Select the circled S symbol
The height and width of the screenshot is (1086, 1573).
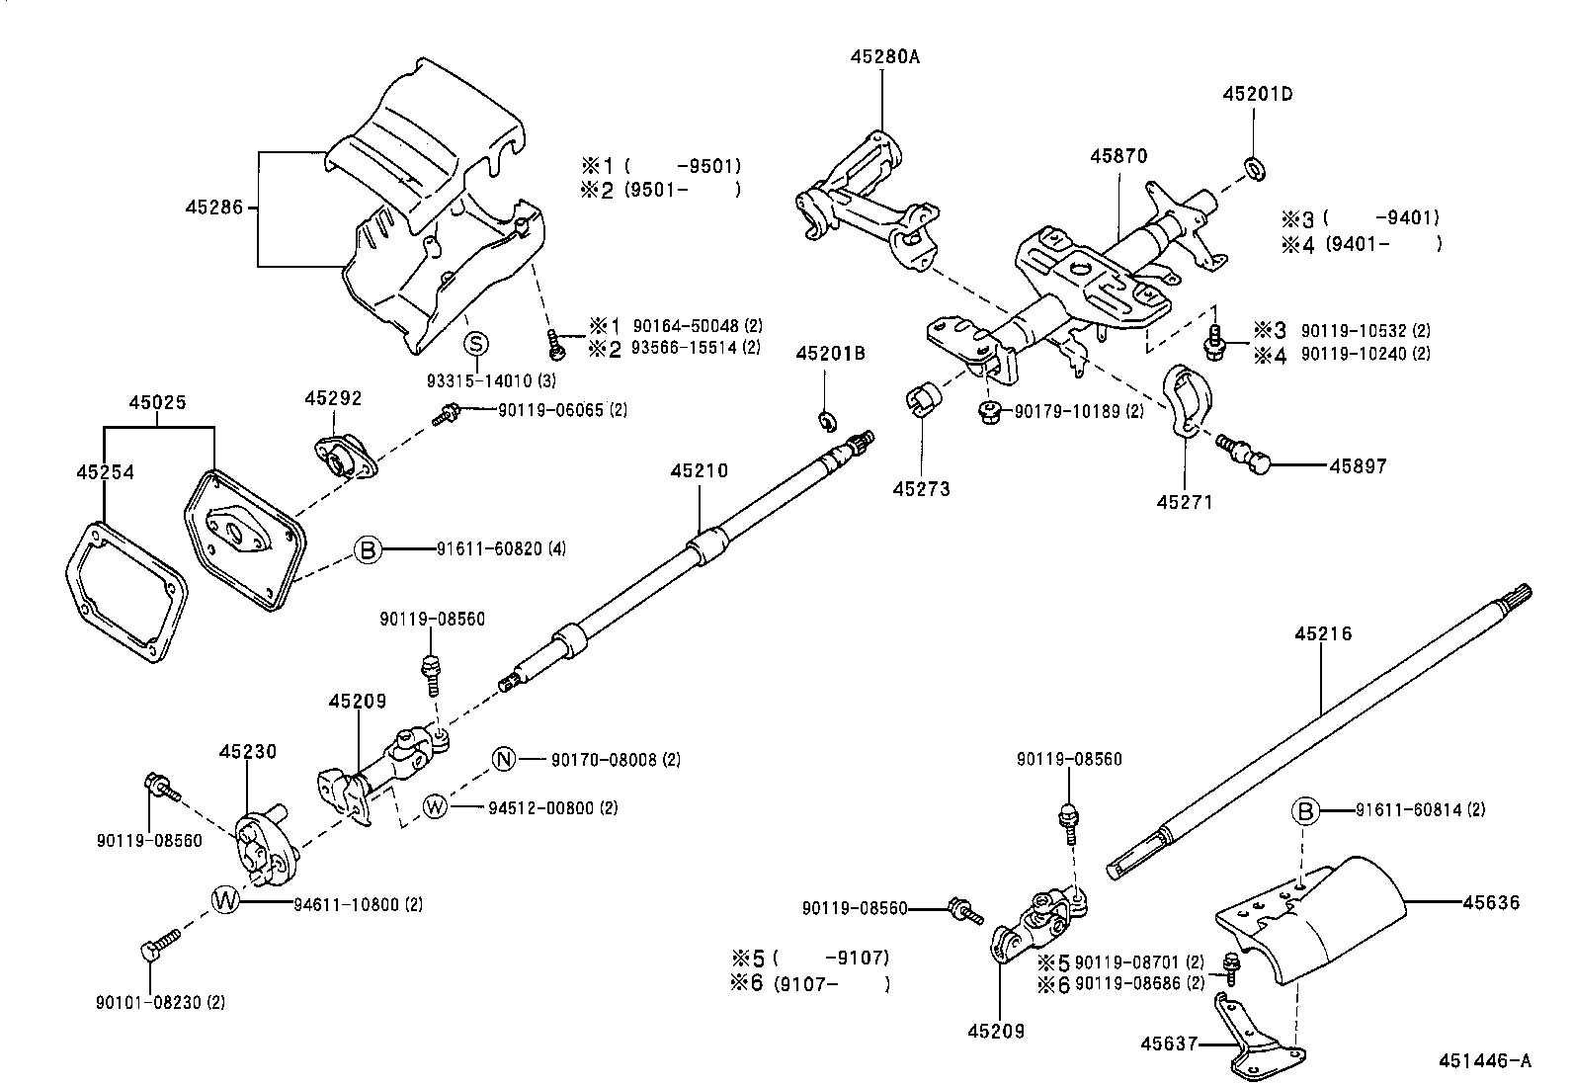pyautogui.click(x=477, y=344)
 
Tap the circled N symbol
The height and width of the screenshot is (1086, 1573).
pyautogui.click(x=504, y=760)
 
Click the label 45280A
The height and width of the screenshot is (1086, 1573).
pyautogui.click(x=884, y=57)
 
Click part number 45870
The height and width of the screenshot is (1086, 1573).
pyautogui.click(x=1118, y=156)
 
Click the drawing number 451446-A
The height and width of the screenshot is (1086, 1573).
pyautogui.click(x=1484, y=1061)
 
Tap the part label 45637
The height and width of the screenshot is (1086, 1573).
pyautogui.click(x=1170, y=1044)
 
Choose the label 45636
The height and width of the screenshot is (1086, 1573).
pyautogui.click(x=1491, y=902)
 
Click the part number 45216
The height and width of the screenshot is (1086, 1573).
pyautogui.click(x=1323, y=633)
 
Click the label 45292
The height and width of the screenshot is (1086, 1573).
pyautogui.click(x=333, y=398)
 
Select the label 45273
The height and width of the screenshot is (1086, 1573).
pyautogui.click(x=921, y=488)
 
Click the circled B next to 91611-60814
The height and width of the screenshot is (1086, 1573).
pyautogui.click(x=1305, y=811)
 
